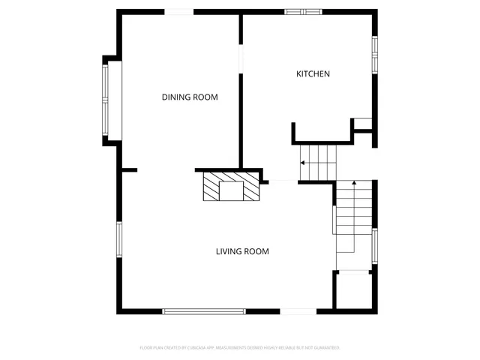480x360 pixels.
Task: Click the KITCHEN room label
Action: [313, 73]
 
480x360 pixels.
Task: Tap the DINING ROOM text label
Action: [190, 97]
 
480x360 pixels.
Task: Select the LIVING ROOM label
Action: [242, 251]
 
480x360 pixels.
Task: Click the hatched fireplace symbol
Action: [231, 187]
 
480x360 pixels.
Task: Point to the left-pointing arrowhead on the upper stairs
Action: [302, 163]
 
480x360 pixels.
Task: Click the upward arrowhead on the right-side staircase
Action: [353, 182]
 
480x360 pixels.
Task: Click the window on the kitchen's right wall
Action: [374, 55]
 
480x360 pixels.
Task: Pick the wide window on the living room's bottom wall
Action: [204, 310]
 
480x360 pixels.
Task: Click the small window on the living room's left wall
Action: [118, 239]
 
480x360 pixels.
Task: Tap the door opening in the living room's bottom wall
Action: [298, 311]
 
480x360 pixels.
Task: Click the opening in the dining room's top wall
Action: [178, 11]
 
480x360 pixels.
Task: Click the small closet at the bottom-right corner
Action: [353, 291]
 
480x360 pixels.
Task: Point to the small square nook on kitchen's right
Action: [363, 124]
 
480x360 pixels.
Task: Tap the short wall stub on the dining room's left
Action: [128, 170]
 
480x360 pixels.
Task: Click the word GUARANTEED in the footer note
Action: [327, 348]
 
